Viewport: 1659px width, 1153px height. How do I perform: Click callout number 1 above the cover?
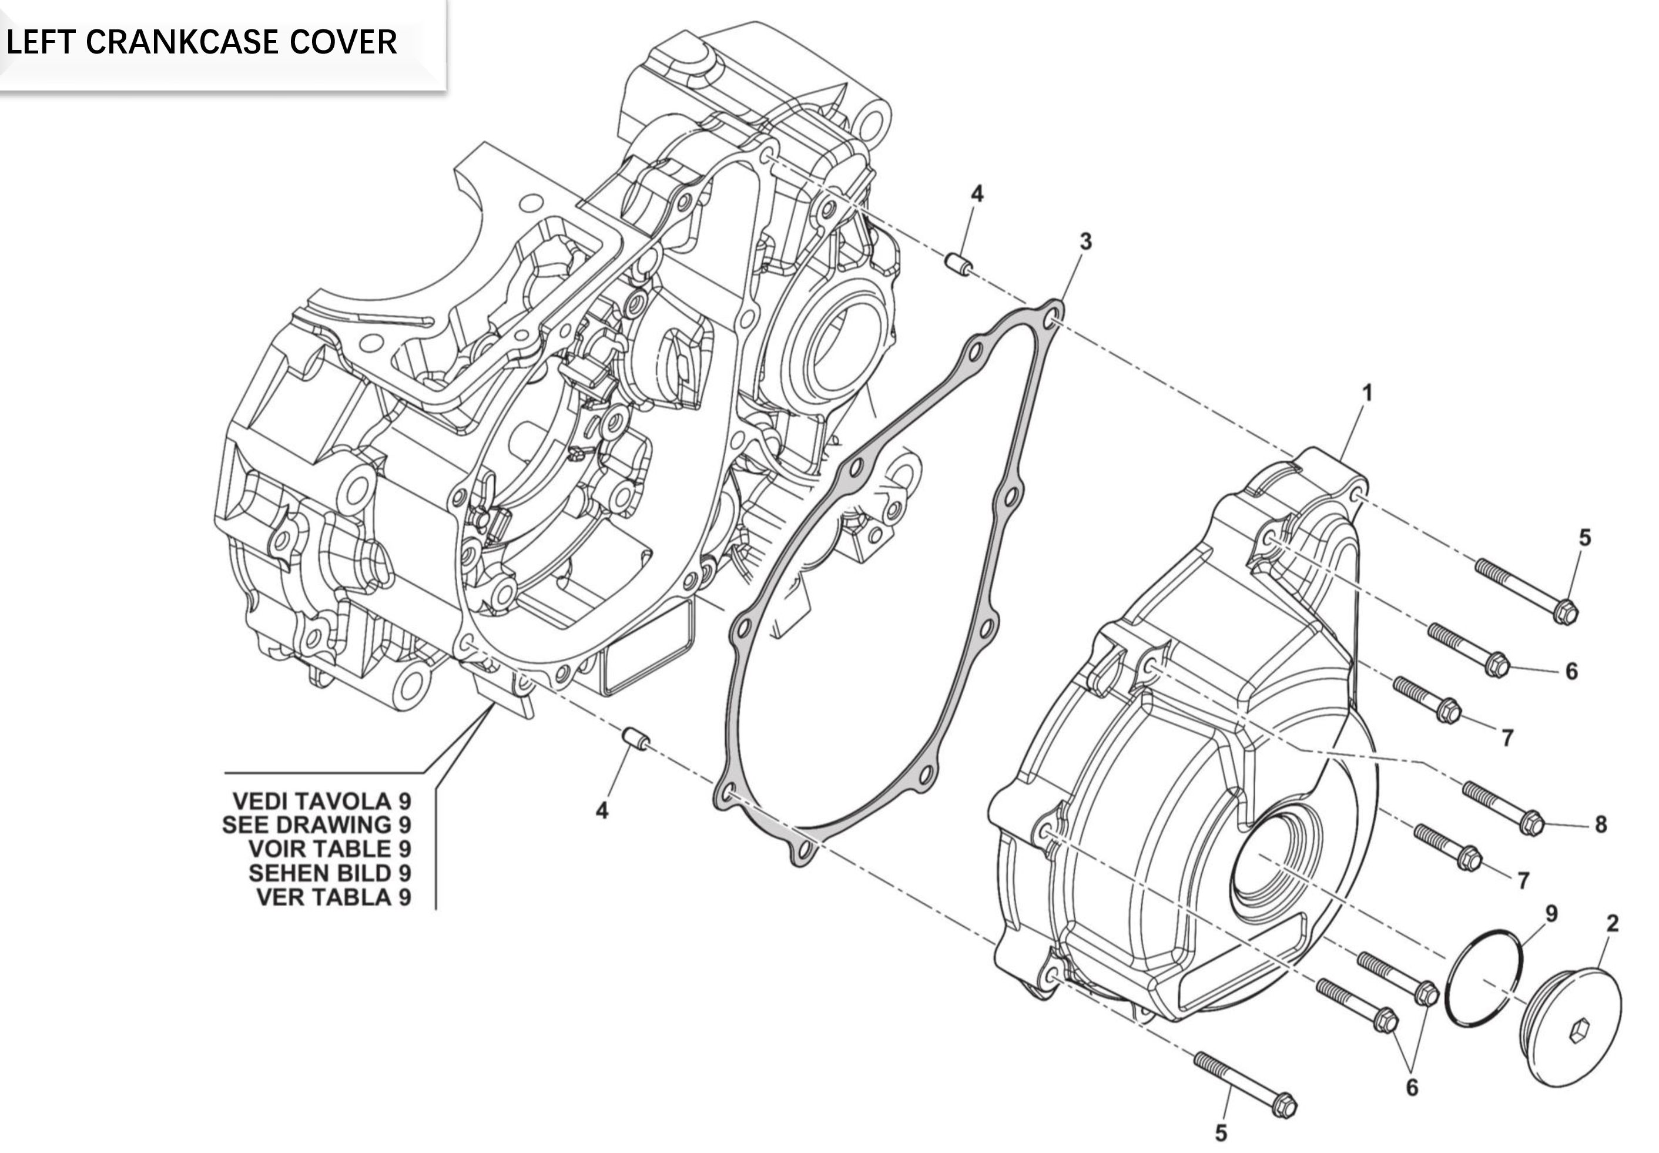click(x=1366, y=394)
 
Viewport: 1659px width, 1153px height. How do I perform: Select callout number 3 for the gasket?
click(x=1085, y=242)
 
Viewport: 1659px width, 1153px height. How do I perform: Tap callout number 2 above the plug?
click(x=1613, y=923)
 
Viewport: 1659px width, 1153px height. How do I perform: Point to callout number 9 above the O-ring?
click(x=1551, y=914)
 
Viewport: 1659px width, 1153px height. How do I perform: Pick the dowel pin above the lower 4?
click(x=636, y=740)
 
